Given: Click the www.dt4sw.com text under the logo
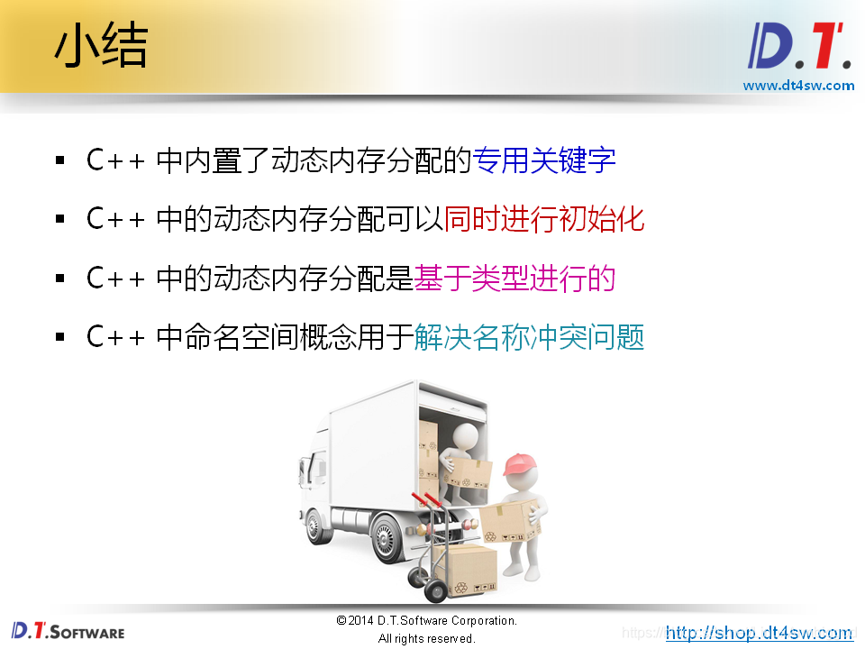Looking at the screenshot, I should point(798,86).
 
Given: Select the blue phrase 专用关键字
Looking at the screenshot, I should point(544,160).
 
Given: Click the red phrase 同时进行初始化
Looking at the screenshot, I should point(544,219).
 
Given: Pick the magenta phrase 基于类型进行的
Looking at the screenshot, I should point(514,279).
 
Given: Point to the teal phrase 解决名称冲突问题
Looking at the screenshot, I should point(530,337).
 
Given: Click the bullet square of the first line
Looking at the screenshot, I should point(60,161).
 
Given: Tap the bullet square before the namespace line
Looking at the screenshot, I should point(60,338).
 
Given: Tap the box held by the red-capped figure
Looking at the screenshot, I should point(507,521).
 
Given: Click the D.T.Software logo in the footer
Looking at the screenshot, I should point(68,630).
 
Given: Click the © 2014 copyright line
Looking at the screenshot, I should point(426,621).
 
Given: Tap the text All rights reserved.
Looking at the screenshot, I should point(426,638).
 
